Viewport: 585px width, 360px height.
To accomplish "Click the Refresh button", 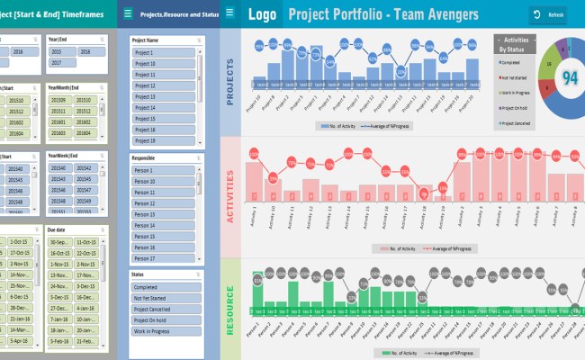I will tap(549, 15).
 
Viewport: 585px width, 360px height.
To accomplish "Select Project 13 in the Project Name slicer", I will tap(162, 96).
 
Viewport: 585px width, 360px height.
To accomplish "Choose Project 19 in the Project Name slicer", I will tap(162, 140).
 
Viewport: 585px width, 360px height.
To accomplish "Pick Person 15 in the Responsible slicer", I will tap(162, 236).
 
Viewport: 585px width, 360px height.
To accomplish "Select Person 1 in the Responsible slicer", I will tap(162, 171).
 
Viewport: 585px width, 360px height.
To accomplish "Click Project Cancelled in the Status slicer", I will tap(162, 308).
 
